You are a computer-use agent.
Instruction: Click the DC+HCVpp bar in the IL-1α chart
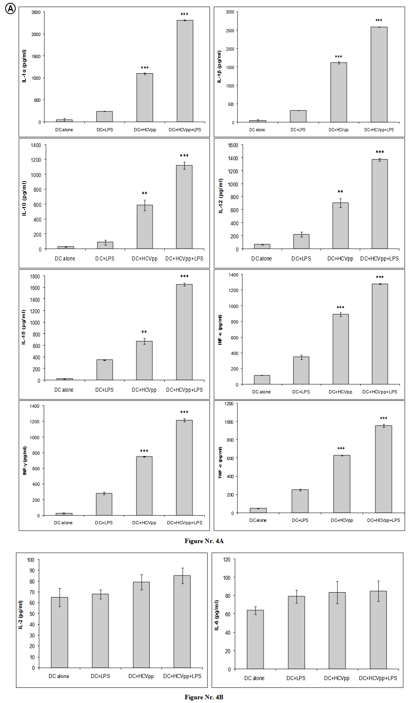pos(145,98)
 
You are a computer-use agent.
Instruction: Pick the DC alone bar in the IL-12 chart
pos(262,247)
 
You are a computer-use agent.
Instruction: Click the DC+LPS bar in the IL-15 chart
pos(104,370)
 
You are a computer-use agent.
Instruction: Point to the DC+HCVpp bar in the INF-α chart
pos(341,349)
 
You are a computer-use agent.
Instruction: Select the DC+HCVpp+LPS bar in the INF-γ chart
pos(184,468)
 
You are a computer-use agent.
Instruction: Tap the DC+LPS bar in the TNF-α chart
pos(300,501)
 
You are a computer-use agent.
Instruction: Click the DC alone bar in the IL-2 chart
pos(59,632)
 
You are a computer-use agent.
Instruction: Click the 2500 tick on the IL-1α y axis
pos(36,12)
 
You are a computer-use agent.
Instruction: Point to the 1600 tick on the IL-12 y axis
pos(233,145)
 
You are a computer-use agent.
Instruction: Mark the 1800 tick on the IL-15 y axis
pos(35,276)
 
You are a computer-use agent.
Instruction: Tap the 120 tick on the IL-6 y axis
pos(226,559)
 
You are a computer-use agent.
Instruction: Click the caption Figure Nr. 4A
pos(204,541)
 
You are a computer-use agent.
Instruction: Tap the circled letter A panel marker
pos(10,9)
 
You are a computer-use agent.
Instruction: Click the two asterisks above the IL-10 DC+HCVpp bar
pos(145,193)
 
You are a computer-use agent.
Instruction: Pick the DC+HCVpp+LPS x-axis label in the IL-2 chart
pos(182,676)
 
